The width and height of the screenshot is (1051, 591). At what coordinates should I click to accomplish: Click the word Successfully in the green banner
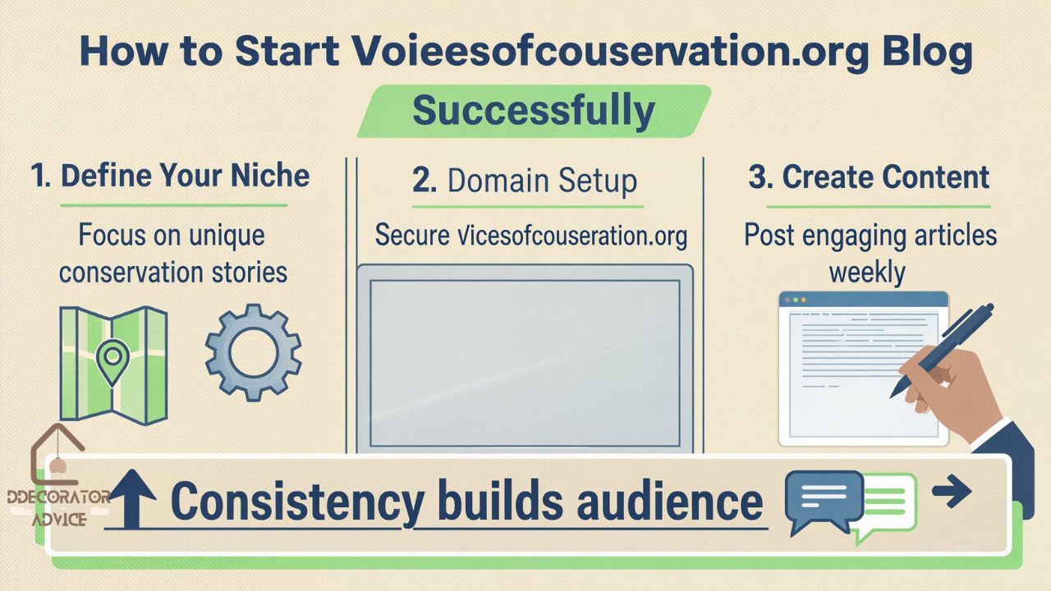click(x=533, y=111)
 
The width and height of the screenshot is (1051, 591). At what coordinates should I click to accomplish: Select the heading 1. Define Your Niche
click(x=170, y=176)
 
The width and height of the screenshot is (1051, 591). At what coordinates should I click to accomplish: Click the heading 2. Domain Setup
click(x=525, y=181)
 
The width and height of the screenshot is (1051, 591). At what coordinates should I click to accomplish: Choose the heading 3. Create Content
click(x=869, y=177)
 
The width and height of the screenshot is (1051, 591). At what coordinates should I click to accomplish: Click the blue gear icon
click(x=253, y=353)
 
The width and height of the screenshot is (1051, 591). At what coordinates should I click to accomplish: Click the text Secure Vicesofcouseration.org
click(x=530, y=236)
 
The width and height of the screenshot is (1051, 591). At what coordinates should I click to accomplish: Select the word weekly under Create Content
click(x=867, y=272)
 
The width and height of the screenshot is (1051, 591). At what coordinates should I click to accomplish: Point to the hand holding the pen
click(x=952, y=394)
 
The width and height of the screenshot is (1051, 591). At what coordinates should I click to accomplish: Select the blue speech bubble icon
click(x=823, y=499)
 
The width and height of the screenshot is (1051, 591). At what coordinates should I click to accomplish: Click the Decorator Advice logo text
click(x=57, y=507)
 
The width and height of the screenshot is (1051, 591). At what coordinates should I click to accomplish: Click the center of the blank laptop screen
click(x=525, y=362)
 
